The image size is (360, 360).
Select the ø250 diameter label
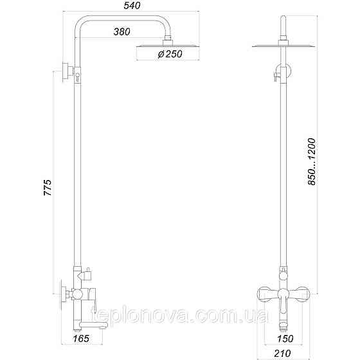[x=170, y=54]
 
